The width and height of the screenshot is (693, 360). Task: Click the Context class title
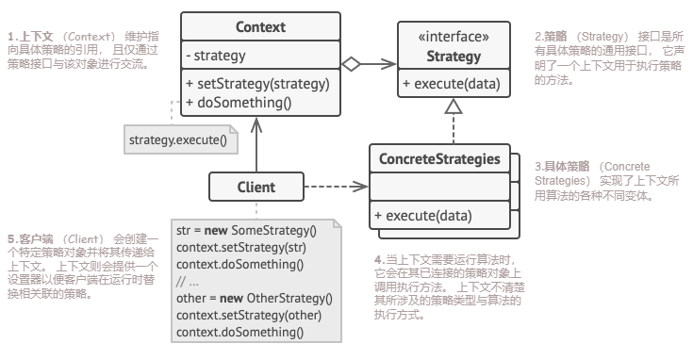pos(260,27)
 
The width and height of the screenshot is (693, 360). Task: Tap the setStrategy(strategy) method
pos(258,84)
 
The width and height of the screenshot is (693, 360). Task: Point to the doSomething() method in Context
pos(239,103)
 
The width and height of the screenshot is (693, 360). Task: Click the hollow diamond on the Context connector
pos(352,64)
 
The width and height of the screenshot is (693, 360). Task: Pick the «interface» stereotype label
pos(454,37)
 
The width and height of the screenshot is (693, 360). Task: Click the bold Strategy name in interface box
pos(454,57)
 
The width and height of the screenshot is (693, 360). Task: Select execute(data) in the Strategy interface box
pos(452,84)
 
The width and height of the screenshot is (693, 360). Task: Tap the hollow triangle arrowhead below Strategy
pos(454,106)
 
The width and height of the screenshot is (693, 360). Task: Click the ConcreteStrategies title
pos(439,158)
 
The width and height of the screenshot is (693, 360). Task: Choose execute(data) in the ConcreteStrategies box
pos(423,216)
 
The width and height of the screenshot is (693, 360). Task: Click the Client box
pos(256,187)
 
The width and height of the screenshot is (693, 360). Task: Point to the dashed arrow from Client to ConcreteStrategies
pos(336,187)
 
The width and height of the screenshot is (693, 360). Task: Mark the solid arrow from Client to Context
pos(256,145)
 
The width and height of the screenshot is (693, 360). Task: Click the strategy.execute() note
pos(181,139)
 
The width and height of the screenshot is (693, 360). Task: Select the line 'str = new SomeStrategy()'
pos(246,231)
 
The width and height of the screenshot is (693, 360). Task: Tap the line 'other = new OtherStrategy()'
pos(255,299)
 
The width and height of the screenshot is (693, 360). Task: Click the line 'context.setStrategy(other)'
pos(249,316)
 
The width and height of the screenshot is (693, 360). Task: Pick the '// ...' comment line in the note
pos(187,282)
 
